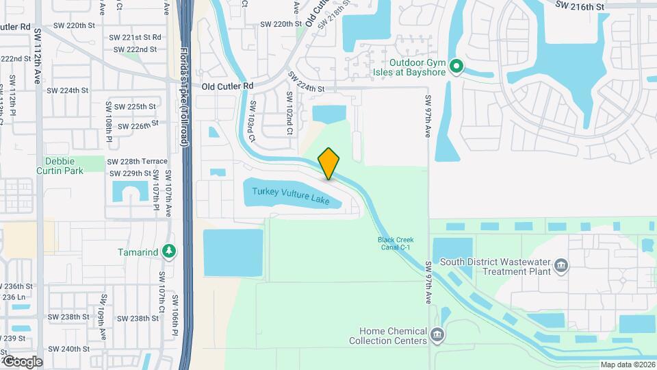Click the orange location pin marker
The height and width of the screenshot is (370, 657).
point(329,164)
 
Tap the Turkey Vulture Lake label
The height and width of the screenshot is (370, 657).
point(290,196)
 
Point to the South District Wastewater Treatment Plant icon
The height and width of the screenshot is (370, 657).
point(561,265)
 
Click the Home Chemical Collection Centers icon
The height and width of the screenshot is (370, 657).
point(437,335)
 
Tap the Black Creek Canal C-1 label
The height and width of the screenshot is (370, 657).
point(395,243)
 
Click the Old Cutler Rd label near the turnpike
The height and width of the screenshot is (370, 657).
point(228,86)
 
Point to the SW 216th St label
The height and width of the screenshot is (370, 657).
point(580,5)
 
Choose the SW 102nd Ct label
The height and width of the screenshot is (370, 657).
point(289,110)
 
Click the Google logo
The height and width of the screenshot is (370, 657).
point(22,361)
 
